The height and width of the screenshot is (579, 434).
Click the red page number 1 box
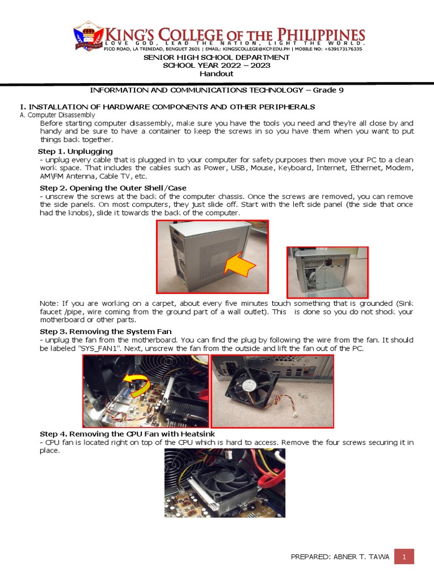[404, 556]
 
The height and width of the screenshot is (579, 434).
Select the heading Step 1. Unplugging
[75, 152]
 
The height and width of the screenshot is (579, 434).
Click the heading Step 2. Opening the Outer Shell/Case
[112, 188]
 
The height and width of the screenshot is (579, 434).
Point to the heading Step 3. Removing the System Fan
[106, 331]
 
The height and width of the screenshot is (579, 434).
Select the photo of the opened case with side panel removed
[327, 272]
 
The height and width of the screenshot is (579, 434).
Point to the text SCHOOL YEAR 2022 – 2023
[216, 66]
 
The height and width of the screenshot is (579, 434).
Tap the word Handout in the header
[216, 74]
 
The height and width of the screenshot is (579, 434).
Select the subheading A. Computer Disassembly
[58, 115]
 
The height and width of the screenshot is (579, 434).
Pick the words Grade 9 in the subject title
[328, 90]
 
